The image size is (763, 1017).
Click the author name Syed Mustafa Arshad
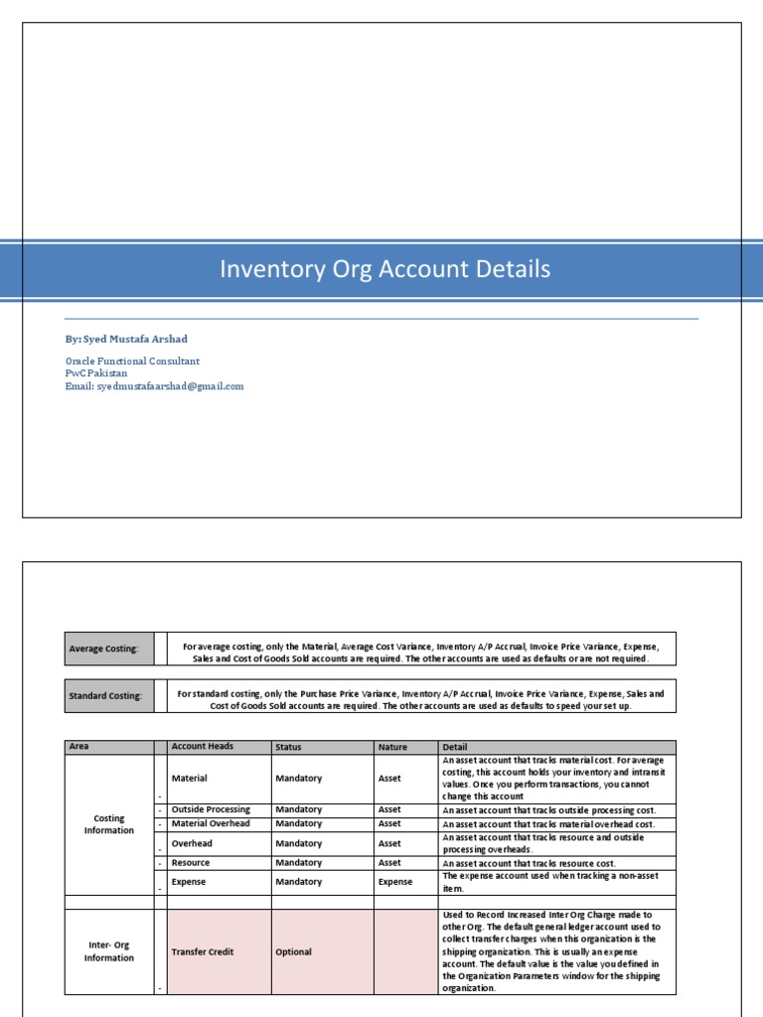click(127, 339)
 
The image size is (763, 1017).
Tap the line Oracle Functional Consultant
click(132, 362)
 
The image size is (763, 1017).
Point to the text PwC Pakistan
click(96, 373)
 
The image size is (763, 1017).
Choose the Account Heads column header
click(219, 747)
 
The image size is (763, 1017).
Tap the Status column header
click(322, 747)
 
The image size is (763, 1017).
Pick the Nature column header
click(405, 747)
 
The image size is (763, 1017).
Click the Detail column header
click(556, 747)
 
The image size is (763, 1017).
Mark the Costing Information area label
click(109, 824)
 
